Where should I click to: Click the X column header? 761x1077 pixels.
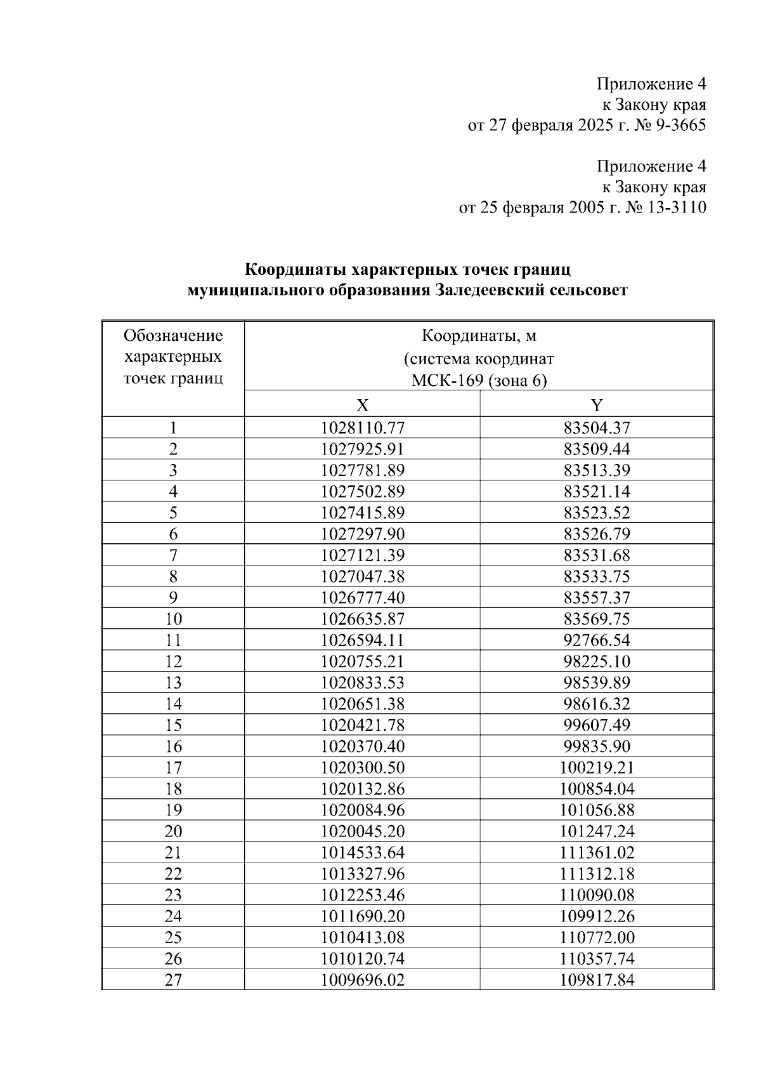362,406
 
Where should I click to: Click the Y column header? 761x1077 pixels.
597,406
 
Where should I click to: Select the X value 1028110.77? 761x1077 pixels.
362,428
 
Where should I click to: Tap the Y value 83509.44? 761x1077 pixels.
597,449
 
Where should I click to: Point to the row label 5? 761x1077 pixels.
173,513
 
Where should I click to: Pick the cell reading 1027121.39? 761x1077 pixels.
362,555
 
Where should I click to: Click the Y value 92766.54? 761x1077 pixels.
597,640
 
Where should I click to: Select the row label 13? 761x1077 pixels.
173,683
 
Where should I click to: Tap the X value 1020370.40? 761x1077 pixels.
362,746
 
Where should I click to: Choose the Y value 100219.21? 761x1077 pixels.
597,768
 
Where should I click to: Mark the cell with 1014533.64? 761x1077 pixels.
362,852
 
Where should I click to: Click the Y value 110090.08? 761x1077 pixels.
597,895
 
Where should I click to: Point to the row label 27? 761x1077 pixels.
173,980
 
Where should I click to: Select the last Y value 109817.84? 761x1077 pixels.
597,980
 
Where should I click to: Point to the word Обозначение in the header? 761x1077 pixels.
173,335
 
